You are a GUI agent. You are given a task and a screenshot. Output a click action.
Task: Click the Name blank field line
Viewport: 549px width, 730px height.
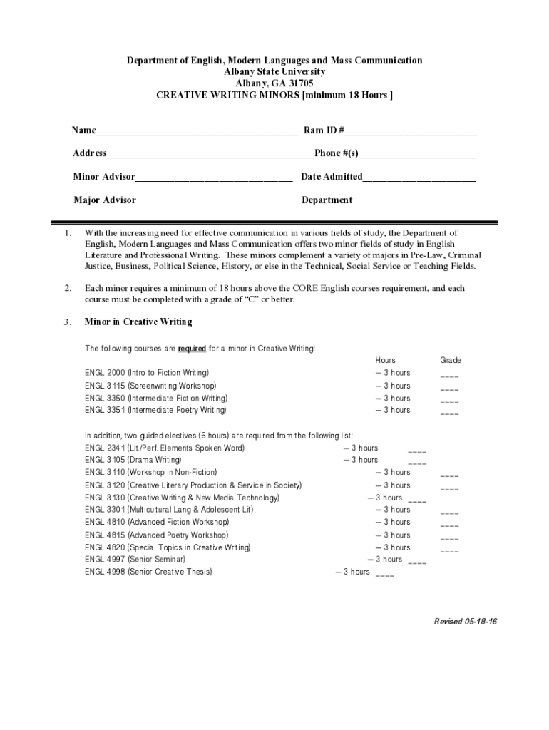click(x=197, y=132)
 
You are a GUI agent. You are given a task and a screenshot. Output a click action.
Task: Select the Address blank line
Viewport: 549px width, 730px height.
click(x=210, y=155)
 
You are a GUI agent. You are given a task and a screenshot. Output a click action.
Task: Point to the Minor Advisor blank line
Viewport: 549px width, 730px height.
click(x=213, y=178)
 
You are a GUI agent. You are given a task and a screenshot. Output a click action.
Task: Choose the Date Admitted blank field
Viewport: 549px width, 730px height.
click(x=419, y=178)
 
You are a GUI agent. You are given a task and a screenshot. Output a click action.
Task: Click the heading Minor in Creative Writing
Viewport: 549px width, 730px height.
click(x=138, y=322)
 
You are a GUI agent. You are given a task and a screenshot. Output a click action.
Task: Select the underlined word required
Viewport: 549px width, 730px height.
click(x=192, y=349)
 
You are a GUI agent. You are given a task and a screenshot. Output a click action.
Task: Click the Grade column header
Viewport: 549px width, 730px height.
click(x=451, y=361)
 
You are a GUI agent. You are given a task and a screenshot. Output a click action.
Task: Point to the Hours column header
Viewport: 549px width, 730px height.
click(x=385, y=361)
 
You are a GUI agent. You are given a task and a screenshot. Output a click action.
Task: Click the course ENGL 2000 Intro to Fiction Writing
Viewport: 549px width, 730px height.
click(x=147, y=373)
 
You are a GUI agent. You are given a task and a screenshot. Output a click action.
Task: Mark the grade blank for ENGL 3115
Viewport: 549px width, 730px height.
click(x=449, y=389)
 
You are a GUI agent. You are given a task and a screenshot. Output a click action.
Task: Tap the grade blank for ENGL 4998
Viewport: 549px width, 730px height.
click(x=384, y=575)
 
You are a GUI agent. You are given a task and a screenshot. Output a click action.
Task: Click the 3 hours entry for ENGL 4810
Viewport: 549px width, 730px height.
click(x=393, y=523)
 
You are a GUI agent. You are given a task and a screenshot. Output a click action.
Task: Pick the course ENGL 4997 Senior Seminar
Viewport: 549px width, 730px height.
click(x=135, y=560)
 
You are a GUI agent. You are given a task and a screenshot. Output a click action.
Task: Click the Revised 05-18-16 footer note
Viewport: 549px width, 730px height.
click(x=466, y=622)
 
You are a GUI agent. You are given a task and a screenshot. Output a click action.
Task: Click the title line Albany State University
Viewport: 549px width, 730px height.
click(x=274, y=72)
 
